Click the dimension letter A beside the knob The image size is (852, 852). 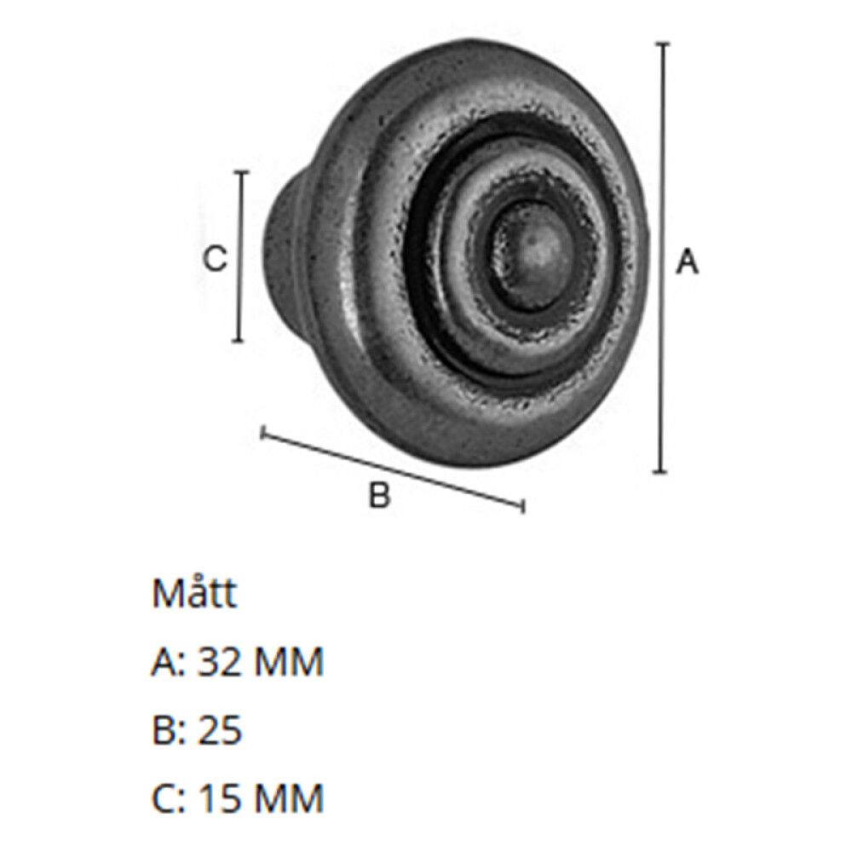point(687,262)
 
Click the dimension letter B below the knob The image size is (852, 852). point(379,494)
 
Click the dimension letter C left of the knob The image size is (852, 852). point(216,258)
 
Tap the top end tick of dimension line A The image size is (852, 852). point(663,43)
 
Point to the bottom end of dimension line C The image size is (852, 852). point(239,341)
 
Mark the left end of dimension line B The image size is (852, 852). point(262,435)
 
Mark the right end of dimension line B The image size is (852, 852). point(521,508)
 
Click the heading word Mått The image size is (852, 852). point(194,594)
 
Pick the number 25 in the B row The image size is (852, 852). point(220,730)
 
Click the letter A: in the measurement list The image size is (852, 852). point(169,662)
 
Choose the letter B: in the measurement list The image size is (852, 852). point(169,730)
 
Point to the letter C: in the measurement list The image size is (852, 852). point(169,798)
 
